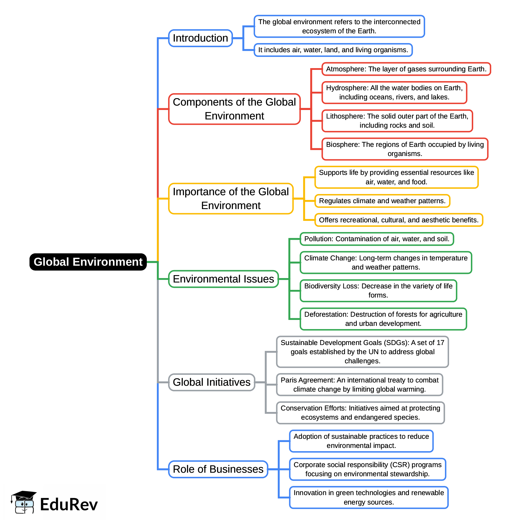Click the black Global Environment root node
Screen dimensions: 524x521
click(x=88, y=262)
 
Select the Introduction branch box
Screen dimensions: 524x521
click(x=200, y=38)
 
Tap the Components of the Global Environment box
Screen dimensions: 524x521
click(x=234, y=109)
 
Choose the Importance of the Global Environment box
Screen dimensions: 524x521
click(x=231, y=198)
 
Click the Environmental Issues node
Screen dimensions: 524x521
click(x=223, y=279)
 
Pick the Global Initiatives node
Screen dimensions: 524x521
click(x=212, y=382)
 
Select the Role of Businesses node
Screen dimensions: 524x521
click(x=218, y=469)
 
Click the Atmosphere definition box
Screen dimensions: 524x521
click(x=406, y=69)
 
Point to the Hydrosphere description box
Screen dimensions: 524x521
click(x=394, y=93)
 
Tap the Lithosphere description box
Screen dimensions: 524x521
click(x=397, y=121)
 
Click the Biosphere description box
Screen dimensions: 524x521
click(x=405, y=149)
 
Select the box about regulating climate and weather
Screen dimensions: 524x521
click(x=382, y=201)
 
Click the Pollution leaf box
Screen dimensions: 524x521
click(x=377, y=239)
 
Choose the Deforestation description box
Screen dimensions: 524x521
click(x=383, y=319)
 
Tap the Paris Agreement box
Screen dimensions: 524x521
click(x=359, y=385)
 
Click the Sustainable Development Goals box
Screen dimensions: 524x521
click(x=362, y=352)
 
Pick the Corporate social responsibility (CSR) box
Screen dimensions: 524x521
click(x=367, y=469)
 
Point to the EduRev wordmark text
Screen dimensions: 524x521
click(x=69, y=505)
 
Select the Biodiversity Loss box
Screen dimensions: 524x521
click(x=378, y=291)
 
